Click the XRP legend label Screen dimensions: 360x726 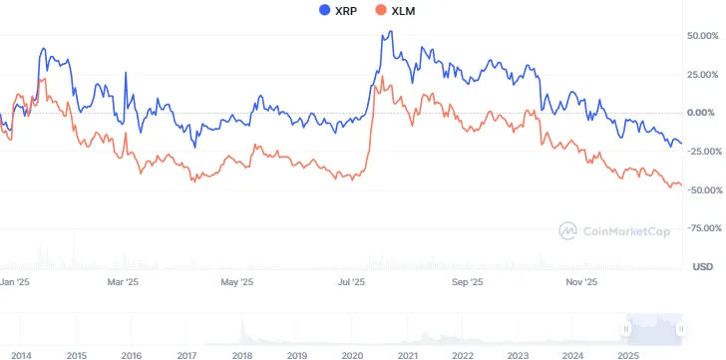tap(347, 11)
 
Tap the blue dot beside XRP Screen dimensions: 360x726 tap(325, 11)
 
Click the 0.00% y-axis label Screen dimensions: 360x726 tap(703, 113)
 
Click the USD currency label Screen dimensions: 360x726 tap(702, 266)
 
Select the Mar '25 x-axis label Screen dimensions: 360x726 tap(123, 283)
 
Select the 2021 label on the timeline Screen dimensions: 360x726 tap(407, 355)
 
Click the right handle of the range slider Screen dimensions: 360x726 tap(680, 328)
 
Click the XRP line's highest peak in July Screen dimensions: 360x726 tap(389, 32)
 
